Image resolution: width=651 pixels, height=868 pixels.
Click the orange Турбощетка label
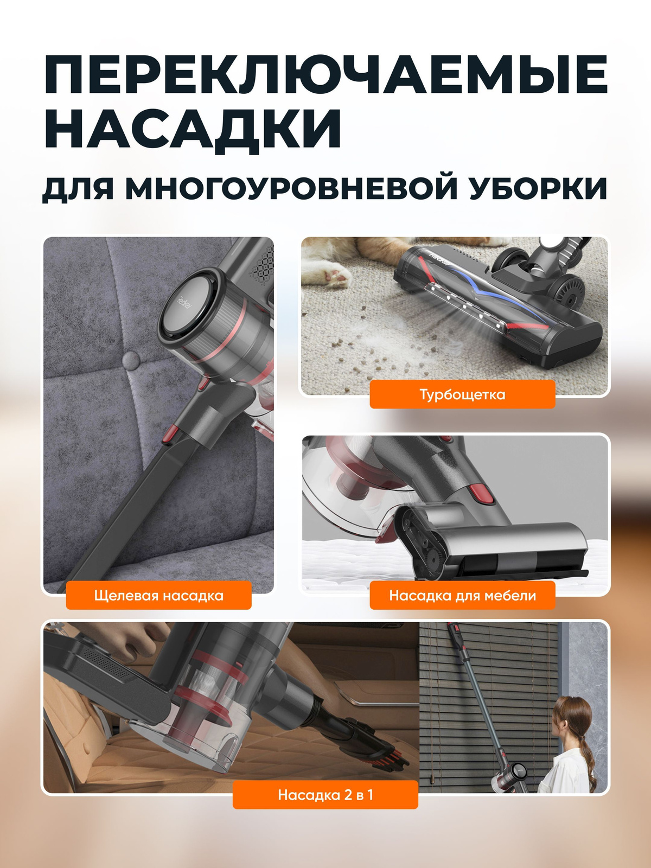462,394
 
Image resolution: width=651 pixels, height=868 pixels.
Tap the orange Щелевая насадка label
158,596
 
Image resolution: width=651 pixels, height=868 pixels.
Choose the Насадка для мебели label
462,596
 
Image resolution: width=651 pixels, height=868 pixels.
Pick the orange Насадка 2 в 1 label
325,795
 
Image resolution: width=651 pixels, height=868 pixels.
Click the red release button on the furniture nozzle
481,493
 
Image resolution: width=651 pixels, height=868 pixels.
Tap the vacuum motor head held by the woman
507,775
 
